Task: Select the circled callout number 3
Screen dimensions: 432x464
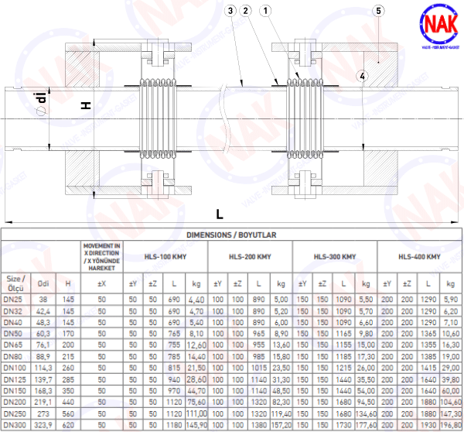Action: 231,10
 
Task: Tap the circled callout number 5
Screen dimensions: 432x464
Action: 377,10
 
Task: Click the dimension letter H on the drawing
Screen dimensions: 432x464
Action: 87,104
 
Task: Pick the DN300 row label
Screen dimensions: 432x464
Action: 15,426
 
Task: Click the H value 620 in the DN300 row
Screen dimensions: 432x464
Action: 68,426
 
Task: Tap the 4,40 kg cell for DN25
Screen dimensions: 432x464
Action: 196,299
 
